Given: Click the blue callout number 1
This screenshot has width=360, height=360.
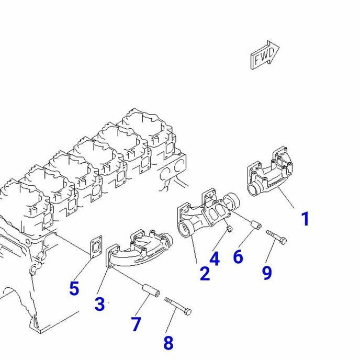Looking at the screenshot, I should tap(305, 219).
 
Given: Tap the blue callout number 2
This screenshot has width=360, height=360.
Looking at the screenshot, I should tap(205, 273).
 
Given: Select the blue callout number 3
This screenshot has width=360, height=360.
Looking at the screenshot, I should tap(99, 304).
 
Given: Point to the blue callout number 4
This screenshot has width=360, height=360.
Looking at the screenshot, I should tap(215, 258).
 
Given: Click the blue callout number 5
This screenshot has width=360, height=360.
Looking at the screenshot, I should tap(74, 288).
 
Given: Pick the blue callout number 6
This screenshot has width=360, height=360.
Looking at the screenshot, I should tap(238, 256).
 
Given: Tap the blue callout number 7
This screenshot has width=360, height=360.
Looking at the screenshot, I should tap(136, 324).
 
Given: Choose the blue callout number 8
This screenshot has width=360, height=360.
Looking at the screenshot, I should tap(168, 343).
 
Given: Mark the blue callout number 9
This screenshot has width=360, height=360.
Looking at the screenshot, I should tap(267, 272).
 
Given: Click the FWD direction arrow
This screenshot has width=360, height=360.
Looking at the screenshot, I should tap(265, 55).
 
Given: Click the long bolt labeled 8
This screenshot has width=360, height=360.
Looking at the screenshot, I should tap(178, 306).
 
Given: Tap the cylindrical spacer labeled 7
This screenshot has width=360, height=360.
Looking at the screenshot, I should tap(151, 290).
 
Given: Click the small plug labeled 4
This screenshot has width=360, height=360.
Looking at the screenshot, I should tap(228, 229).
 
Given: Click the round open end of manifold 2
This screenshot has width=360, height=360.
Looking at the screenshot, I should tap(186, 229).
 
